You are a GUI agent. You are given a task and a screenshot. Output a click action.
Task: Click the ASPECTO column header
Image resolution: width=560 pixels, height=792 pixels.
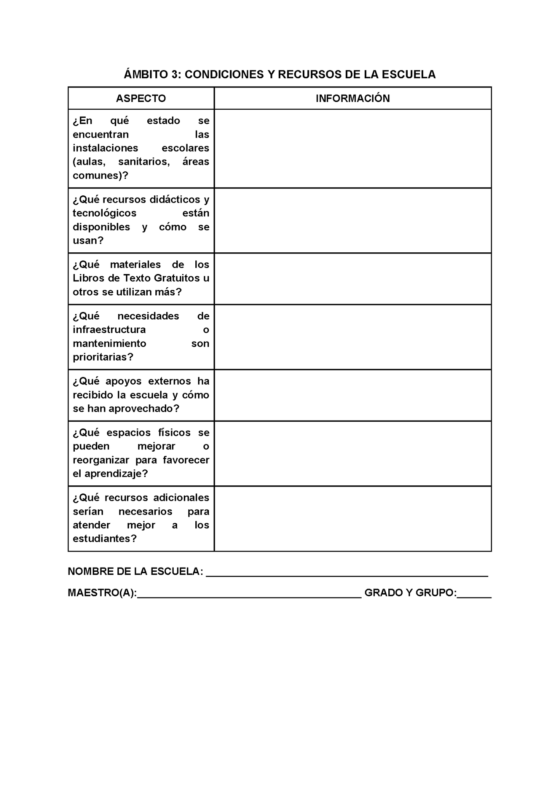pyautogui.click(x=141, y=98)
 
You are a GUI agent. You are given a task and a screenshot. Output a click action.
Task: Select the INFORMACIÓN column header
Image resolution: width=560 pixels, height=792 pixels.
pyautogui.click(x=353, y=98)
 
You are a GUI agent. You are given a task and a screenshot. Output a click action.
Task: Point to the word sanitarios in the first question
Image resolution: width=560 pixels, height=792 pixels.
pyautogui.click(x=144, y=162)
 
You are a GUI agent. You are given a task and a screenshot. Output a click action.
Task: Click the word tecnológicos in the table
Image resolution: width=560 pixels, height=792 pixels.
pyautogui.click(x=105, y=213)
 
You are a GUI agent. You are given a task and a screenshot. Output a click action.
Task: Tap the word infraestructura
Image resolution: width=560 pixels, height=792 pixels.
pyautogui.click(x=109, y=330)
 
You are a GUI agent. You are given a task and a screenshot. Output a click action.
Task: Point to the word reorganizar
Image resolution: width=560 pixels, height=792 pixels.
pyautogui.click(x=101, y=460)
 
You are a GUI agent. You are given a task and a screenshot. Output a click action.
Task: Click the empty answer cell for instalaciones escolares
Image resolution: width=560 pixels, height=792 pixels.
pyautogui.click(x=353, y=149)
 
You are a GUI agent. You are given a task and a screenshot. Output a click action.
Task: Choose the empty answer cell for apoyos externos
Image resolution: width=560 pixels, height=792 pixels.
pyautogui.click(x=353, y=395)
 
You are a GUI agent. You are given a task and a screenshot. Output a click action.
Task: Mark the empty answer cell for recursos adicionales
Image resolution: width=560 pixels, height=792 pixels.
pyautogui.click(x=353, y=519)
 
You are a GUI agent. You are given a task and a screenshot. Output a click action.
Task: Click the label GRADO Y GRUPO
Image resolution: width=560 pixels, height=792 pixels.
pyautogui.click(x=410, y=593)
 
